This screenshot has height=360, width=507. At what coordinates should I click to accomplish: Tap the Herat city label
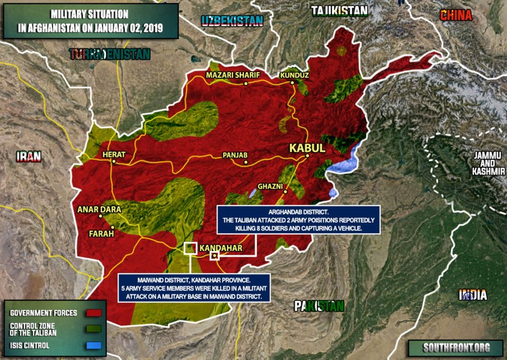[x=115, y=154]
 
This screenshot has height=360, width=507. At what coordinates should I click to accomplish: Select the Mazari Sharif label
[x=233, y=75]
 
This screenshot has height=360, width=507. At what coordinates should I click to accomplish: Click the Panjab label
[x=234, y=155]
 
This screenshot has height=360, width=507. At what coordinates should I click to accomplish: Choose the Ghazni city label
[x=271, y=187]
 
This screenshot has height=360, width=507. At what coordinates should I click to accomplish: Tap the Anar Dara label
[x=98, y=209]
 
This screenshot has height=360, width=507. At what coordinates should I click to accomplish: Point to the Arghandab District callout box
[x=297, y=220]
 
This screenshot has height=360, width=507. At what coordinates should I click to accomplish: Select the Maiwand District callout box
[x=196, y=287]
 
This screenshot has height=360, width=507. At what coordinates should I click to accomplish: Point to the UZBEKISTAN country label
[x=232, y=21]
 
